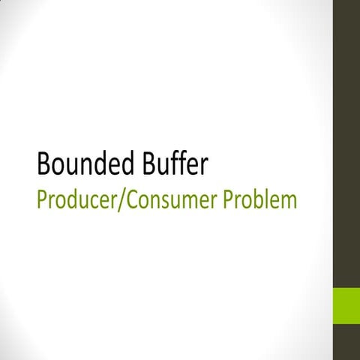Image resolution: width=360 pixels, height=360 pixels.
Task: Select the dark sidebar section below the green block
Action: click(346, 343)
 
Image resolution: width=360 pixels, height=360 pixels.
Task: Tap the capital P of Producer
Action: click(41, 200)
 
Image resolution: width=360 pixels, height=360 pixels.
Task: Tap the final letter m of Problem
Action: click(288, 202)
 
